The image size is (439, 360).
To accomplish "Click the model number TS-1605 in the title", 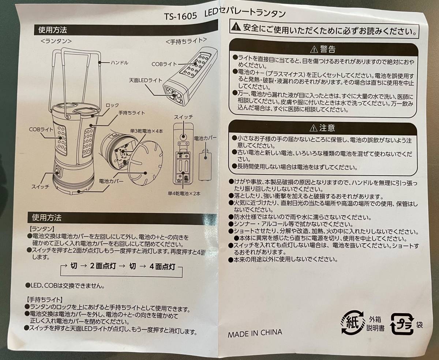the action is pyautogui.click(x=180, y=16).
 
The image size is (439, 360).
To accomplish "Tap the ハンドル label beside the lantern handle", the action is pyautogui.click(x=119, y=63).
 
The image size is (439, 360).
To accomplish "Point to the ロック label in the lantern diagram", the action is pyautogui.click(x=112, y=105).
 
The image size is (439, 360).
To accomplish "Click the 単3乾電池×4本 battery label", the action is pyautogui.click(x=147, y=131).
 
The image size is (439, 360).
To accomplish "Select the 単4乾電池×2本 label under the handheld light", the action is pyautogui.click(x=184, y=194).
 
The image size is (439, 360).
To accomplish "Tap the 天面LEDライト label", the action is pyautogui.click(x=146, y=80).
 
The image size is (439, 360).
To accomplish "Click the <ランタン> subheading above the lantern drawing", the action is pyautogui.click(x=56, y=41).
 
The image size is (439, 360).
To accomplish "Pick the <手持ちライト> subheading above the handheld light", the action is pyautogui.click(x=186, y=41).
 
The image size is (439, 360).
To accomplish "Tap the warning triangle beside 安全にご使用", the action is pyautogui.click(x=236, y=27).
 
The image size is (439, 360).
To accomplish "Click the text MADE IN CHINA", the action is pyautogui.click(x=255, y=333).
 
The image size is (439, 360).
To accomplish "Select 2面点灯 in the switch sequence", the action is pyautogui.click(x=103, y=266).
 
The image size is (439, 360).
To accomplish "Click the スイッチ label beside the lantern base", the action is pyautogui.click(x=40, y=187).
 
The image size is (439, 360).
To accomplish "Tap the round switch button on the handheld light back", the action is pyautogui.click(x=183, y=137).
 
